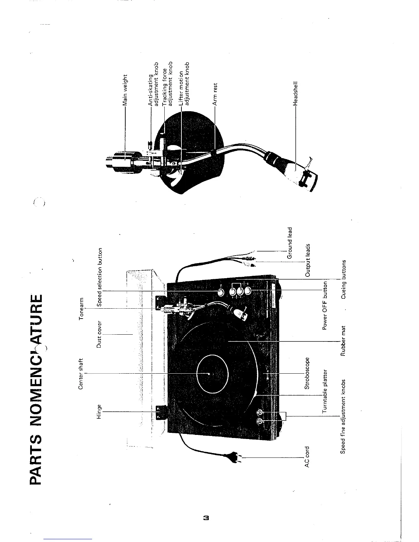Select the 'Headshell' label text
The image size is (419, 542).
[296, 93]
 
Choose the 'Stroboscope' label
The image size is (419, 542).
[307, 373]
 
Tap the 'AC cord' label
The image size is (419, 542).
[307, 457]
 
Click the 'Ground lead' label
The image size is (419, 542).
[290, 243]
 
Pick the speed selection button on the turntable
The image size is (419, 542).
[221, 292]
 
